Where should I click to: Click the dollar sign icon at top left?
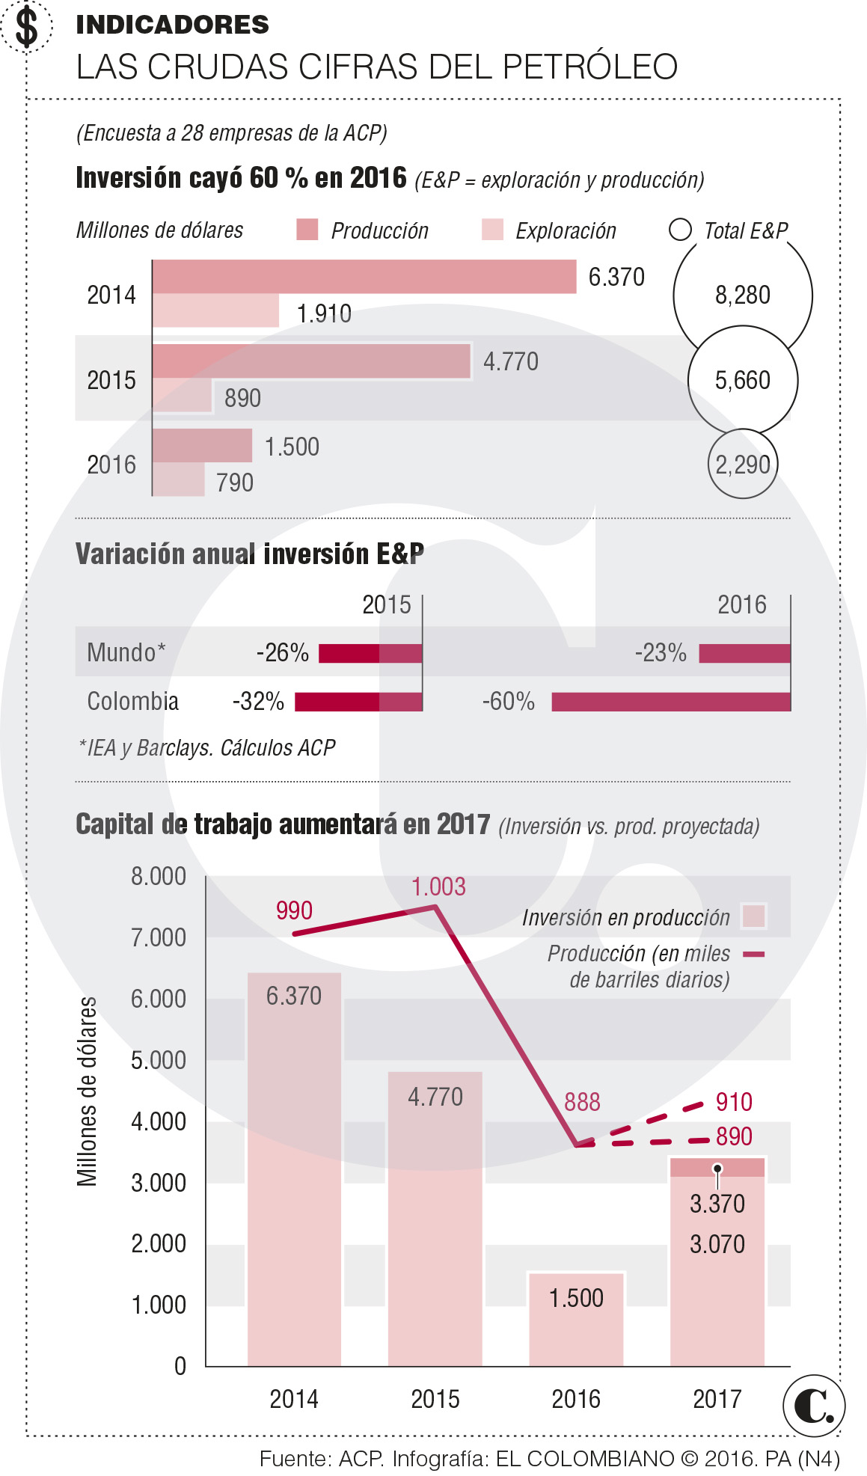click(x=26, y=27)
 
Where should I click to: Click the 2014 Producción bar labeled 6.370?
click(x=364, y=276)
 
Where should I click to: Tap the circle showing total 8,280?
click(x=742, y=295)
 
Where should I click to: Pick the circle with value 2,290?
click(x=742, y=465)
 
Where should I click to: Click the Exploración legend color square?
click(x=492, y=230)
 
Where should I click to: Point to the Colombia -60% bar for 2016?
click(x=670, y=702)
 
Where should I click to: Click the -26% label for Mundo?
click(x=282, y=653)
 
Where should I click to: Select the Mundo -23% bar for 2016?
click(x=744, y=653)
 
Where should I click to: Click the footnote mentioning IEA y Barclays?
click(x=207, y=747)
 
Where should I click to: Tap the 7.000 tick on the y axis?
click(x=159, y=937)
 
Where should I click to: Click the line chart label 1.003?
click(x=438, y=887)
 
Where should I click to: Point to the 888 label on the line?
click(x=582, y=1102)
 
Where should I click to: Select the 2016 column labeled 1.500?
click(x=575, y=1319)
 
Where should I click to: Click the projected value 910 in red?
click(x=734, y=1102)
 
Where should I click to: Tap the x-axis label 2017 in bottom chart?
click(x=716, y=1398)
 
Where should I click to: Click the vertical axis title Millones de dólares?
click(x=88, y=1091)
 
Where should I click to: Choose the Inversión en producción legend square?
click(x=753, y=916)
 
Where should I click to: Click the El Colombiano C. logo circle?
click(x=814, y=1406)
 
